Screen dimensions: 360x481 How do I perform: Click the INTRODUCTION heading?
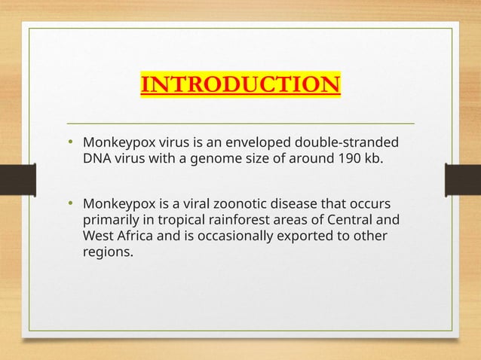(x=240, y=84)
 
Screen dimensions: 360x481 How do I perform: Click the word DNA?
(x=96, y=159)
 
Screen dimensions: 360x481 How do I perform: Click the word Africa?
(x=130, y=236)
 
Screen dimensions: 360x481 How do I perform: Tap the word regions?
(x=107, y=252)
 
